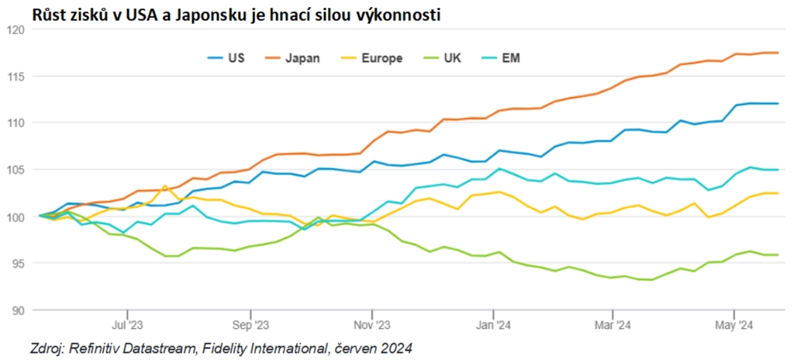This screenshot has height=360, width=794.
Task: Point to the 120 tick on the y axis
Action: (x=16, y=29)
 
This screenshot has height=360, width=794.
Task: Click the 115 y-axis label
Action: (x=16, y=76)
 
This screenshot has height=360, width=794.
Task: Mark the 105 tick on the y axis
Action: (x=16, y=170)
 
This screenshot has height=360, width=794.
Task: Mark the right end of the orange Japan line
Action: (x=778, y=53)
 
